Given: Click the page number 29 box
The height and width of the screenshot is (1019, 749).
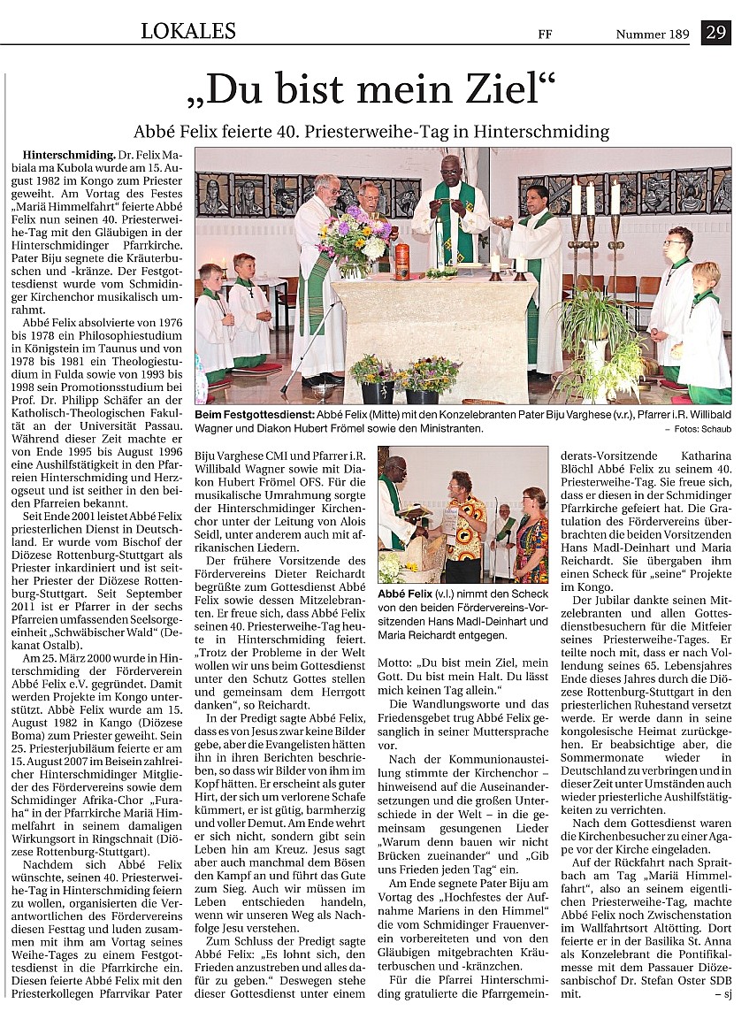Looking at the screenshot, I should [x=715, y=33].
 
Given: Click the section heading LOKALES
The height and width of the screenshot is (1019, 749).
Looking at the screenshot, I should [x=188, y=32].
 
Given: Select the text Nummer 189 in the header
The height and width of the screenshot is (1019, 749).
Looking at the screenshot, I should [x=653, y=34].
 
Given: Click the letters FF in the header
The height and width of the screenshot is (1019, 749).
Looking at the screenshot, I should [x=545, y=35].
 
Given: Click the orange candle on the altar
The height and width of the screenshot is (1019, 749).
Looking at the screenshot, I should [x=402, y=261].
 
